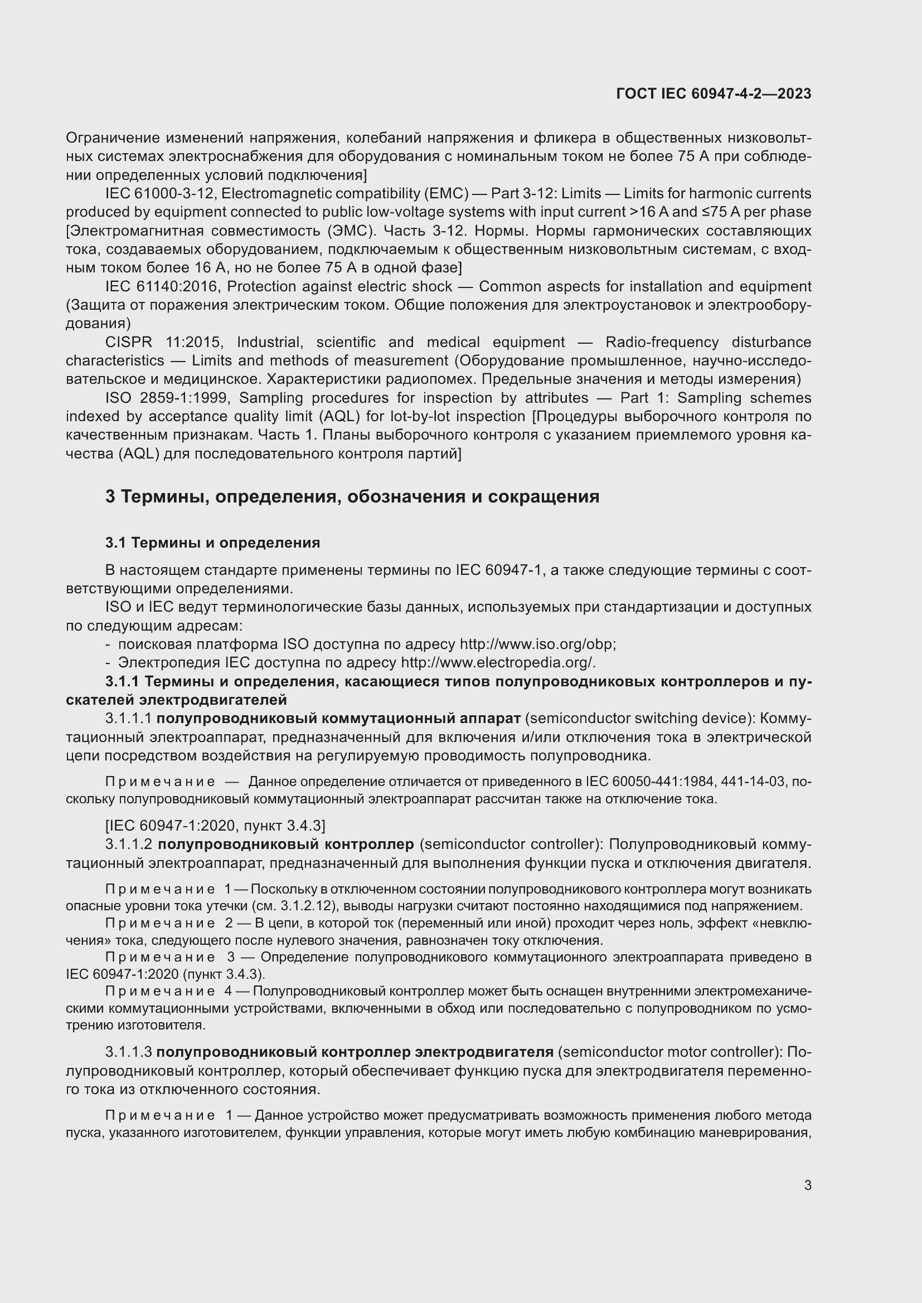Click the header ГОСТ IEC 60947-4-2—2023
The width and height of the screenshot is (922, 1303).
[713, 94]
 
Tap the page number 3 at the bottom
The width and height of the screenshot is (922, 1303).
[807, 1185]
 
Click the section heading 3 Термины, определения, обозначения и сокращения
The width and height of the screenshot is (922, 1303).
[352, 496]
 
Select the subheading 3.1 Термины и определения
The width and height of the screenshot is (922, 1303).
[212, 543]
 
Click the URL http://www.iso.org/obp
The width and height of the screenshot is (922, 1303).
[536, 644]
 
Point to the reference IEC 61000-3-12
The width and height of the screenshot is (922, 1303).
[159, 193]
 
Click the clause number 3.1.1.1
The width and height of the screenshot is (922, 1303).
[128, 719]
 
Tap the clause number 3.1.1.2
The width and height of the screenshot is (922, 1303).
[129, 844]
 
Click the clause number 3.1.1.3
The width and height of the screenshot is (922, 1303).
[128, 1052]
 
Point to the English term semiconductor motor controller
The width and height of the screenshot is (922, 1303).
[667, 1052]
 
